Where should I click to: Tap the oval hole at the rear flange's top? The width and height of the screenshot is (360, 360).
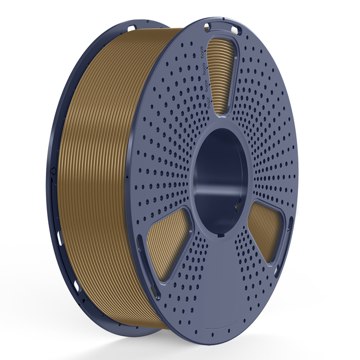click(x=132, y=27)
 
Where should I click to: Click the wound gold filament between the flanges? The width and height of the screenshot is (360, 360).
click(x=100, y=166)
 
